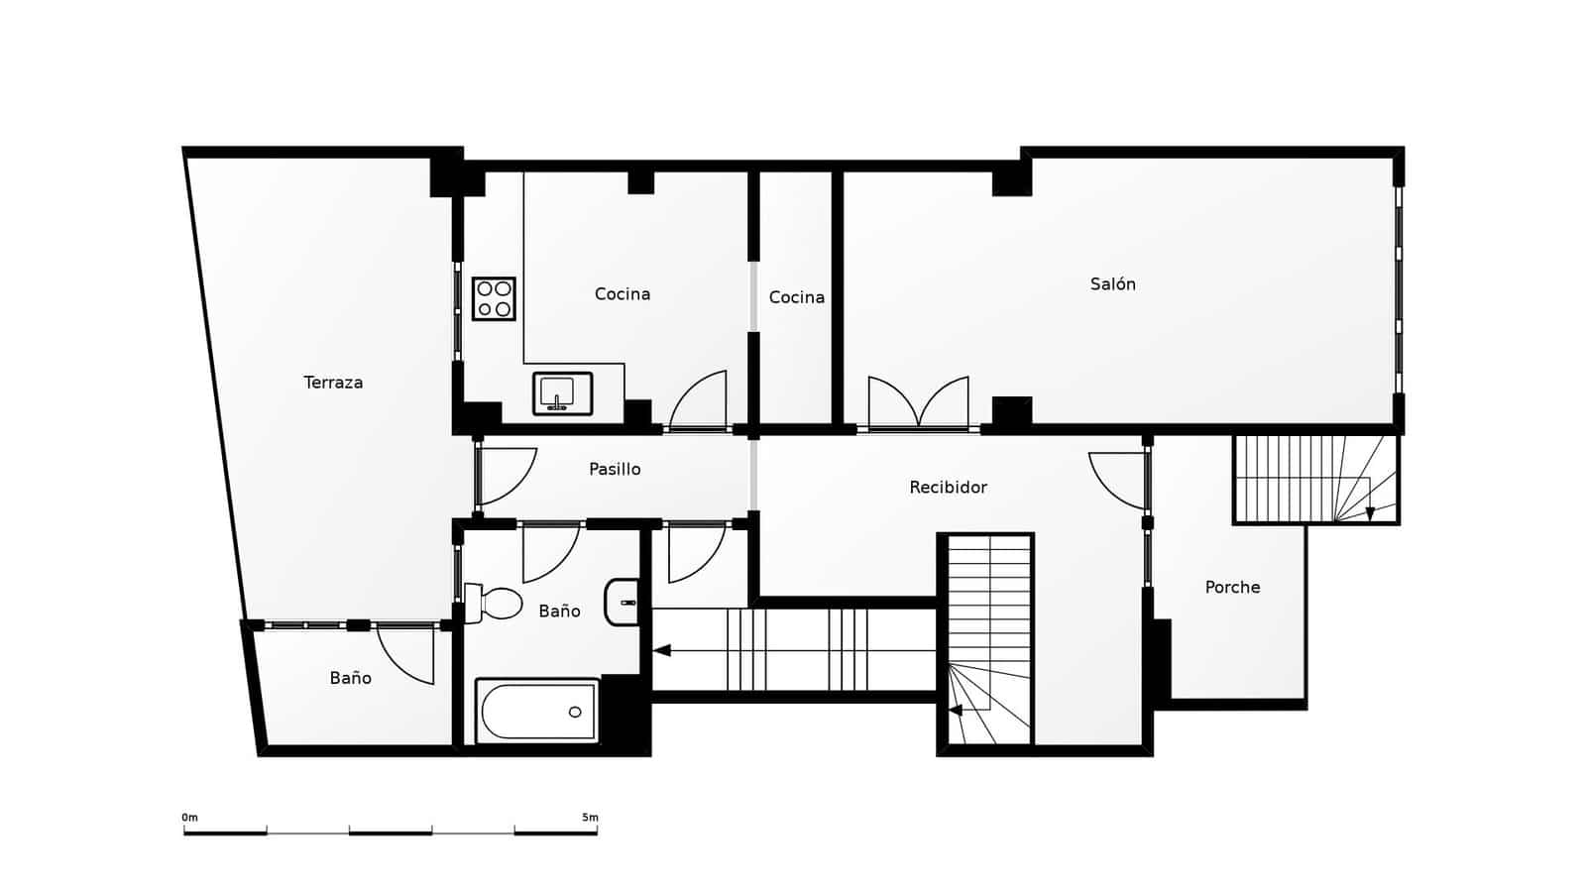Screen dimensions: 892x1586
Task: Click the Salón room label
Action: (1112, 284)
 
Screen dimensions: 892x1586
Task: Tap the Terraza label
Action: (333, 383)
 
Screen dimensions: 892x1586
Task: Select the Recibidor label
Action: (948, 488)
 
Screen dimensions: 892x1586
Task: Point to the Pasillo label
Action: (615, 470)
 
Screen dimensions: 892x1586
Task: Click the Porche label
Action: (1232, 588)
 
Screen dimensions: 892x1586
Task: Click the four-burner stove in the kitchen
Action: (494, 298)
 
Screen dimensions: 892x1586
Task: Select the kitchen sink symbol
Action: (562, 393)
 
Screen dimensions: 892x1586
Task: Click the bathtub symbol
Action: (537, 711)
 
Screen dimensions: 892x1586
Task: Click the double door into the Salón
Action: (918, 404)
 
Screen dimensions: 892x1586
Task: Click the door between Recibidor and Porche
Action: (1120, 479)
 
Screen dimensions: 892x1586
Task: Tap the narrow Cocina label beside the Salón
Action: (796, 297)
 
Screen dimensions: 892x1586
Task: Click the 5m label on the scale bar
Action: (590, 818)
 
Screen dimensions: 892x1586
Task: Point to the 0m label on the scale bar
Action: (189, 818)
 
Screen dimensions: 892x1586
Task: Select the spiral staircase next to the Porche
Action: (1316, 480)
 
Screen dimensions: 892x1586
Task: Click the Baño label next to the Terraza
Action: (350, 678)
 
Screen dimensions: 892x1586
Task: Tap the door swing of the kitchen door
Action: (700, 401)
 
